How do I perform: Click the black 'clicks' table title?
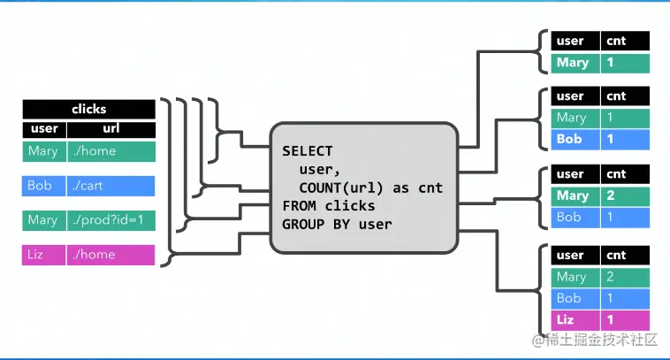tap(88, 110)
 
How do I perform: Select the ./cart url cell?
tap(110, 187)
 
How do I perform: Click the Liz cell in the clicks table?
tap(42, 256)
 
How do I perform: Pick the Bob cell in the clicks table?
tap(42, 187)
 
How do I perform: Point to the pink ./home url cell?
tap(110, 256)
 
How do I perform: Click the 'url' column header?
tap(110, 129)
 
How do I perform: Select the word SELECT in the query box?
tap(308, 151)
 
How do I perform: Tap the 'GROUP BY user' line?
tap(337, 224)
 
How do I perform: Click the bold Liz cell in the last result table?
tap(573, 318)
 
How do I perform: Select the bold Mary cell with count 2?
tap(573, 195)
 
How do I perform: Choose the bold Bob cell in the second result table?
tap(573, 140)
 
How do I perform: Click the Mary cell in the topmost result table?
tap(573, 63)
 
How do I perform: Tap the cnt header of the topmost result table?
tap(625, 41)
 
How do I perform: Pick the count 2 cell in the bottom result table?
tap(625, 277)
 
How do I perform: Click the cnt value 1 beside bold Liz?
tap(625, 318)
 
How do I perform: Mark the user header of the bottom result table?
tap(573, 256)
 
